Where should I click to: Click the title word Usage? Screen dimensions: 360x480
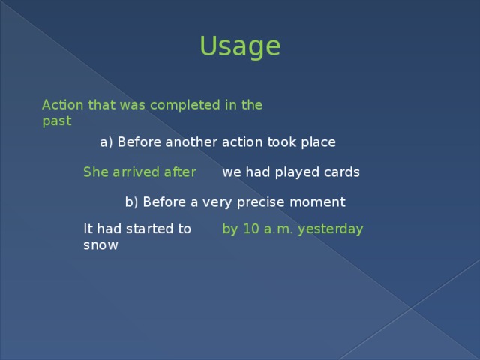pos(240,46)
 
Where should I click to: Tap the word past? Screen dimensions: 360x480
pos(57,121)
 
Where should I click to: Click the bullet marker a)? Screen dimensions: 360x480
pos(106,142)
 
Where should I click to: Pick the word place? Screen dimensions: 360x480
pos(316,142)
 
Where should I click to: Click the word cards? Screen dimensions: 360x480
pos(342,172)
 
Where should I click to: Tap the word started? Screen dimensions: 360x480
pos(148,229)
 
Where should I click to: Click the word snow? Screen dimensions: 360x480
pos(100,244)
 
